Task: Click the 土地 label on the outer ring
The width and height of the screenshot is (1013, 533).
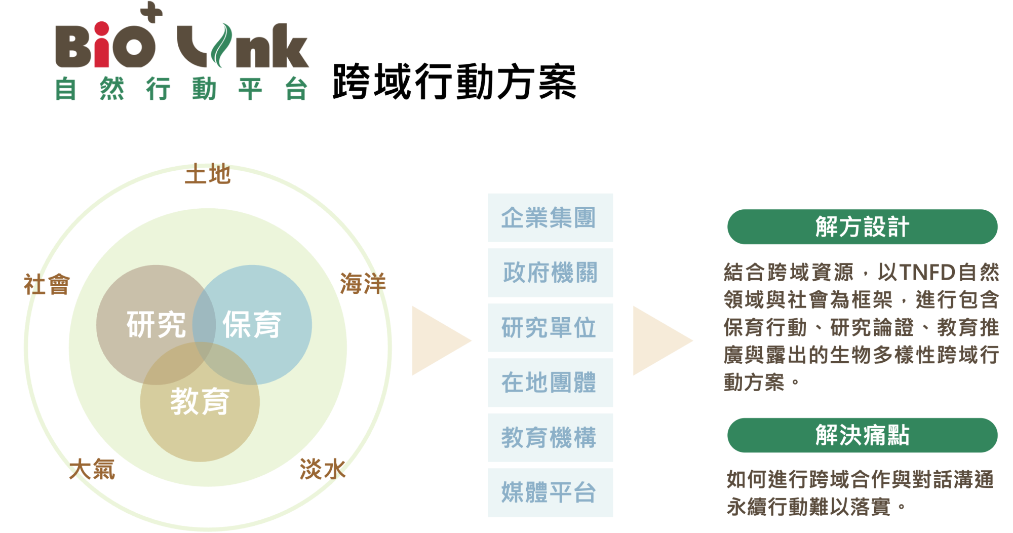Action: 208,174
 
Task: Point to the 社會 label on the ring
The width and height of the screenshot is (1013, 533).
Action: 47,284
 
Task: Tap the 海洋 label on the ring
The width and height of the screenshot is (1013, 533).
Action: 363,283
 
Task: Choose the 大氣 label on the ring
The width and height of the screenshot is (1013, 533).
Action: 92,469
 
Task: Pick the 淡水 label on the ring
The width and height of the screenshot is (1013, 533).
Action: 322,469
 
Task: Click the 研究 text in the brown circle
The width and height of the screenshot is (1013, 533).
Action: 156,325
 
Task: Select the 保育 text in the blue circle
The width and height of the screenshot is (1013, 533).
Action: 252,325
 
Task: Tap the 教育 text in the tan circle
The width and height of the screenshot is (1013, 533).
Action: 200,401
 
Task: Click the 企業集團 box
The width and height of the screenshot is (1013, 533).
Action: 550,218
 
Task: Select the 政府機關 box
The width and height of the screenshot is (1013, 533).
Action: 550,273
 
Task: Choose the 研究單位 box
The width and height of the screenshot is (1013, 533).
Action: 550,328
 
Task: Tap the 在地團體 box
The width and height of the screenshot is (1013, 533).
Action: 550,383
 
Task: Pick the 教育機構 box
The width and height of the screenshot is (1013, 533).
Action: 550,437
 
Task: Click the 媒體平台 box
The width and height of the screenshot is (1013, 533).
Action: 550,492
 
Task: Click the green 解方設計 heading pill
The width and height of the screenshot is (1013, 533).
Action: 862,226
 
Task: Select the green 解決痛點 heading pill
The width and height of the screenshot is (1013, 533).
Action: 862,435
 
